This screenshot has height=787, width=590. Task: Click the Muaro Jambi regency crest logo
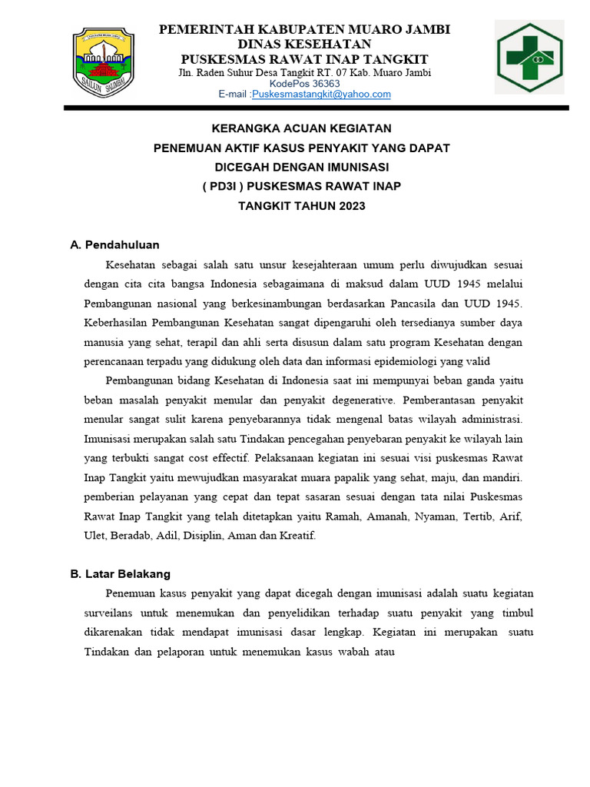coord(104,59)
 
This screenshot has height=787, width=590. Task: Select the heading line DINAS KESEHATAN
coord(304,45)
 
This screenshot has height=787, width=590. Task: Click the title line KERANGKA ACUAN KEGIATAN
coord(301,128)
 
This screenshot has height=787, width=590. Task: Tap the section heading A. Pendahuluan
coord(114,245)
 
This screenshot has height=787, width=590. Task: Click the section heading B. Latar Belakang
coord(120,574)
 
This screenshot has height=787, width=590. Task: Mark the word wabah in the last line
coord(349,653)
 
